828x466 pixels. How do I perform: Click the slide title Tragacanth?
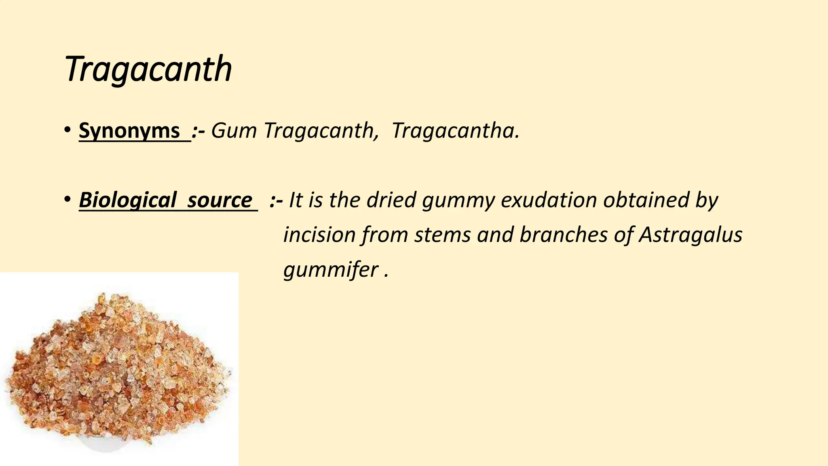tap(148, 69)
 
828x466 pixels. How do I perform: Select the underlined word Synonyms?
tap(129, 131)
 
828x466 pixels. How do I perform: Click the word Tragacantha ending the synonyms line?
tap(455, 131)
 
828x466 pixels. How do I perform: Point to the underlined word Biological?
tap(127, 200)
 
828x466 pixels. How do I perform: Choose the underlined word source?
tap(220, 200)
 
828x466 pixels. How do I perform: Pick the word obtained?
tap(646, 200)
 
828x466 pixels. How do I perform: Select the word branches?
tap(563, 235)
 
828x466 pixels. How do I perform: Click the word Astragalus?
tap(691, 235)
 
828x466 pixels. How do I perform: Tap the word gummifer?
tap(331, 270)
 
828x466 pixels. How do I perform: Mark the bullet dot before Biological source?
tap(67, 200)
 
